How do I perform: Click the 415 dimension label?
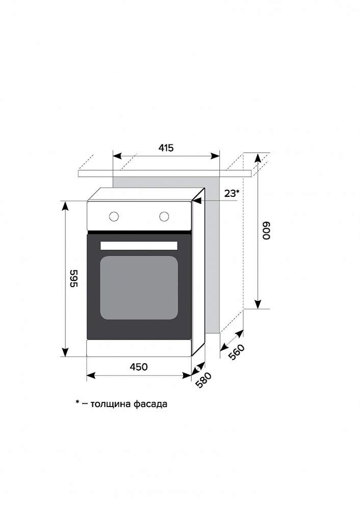click(166, 148)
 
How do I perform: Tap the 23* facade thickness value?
click(232, 193)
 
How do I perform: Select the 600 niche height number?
click(266, 231)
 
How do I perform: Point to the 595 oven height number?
click(74, 278)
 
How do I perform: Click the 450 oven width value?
click(139, 367)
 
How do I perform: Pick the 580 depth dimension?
click(203, 380)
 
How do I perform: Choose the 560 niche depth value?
click(236, 352)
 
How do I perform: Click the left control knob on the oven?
click(114, 216)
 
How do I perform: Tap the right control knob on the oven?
click(164, 216)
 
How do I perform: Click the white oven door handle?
click(139, 246)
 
